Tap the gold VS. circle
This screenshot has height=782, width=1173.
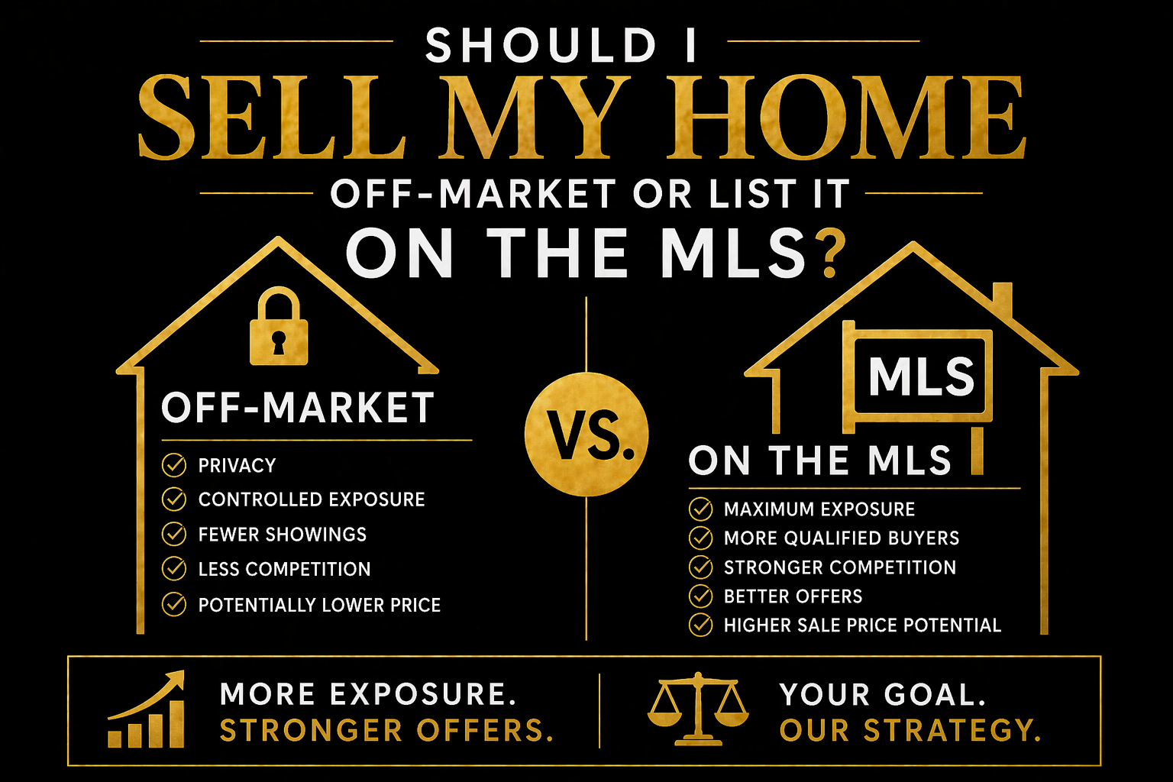click(586, 434)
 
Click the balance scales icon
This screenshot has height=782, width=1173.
click(698, 708)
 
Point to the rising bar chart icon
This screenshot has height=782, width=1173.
click(146, 709)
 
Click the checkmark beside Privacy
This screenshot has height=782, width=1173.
click(174, 465)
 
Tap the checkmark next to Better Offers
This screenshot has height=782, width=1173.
click(700, 596)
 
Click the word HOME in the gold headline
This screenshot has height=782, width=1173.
click(845, 117)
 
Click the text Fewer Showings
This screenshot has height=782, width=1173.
click(283, 535)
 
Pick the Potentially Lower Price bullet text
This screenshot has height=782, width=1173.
click(319, 605)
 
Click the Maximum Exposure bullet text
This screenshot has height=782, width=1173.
click(819, 509)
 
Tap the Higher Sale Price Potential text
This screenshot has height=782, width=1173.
click(862, 625)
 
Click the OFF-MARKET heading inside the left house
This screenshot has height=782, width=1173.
click(298, 408)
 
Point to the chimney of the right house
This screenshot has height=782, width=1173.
click(1002, 301)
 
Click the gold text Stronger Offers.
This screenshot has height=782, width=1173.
click(386, 730)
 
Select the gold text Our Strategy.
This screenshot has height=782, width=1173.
click(910, 730)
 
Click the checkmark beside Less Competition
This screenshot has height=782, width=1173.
click(174, 569)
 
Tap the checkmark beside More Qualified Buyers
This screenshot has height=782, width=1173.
click(700, 538)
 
